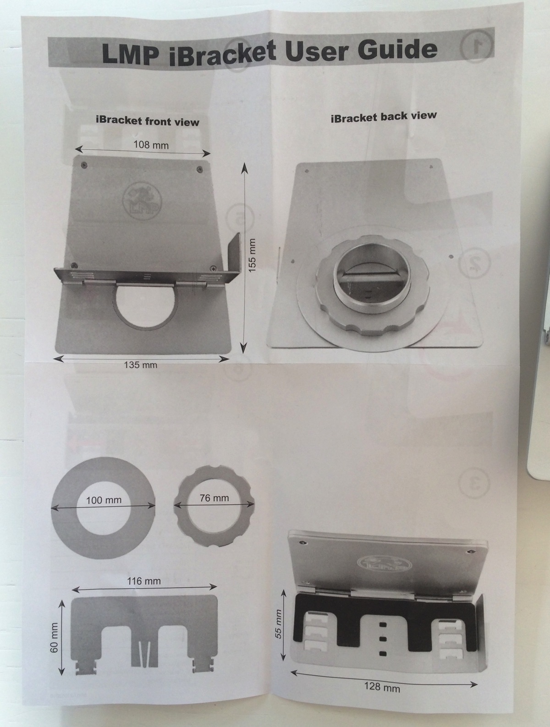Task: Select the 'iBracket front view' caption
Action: [x=148, y=121]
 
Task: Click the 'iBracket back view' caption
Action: [x=384, y=116]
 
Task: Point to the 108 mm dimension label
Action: [x=151, y=145]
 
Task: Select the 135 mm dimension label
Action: [x=141, y=365]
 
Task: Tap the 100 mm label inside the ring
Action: [x=104, y=500]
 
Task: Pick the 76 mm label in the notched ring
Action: [x=214, y=498]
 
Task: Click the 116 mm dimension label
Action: [x=144, y=581]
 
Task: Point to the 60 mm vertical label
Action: [x=54, y=632]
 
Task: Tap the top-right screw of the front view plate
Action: [x=199, y=169]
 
